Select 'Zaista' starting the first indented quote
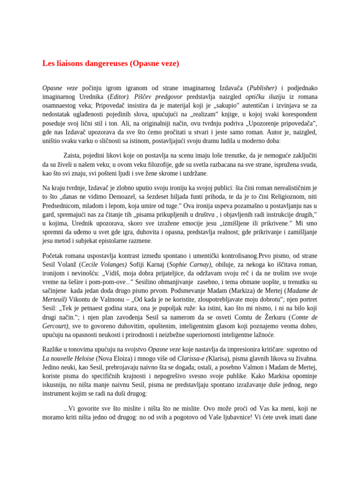pos(73,155)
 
